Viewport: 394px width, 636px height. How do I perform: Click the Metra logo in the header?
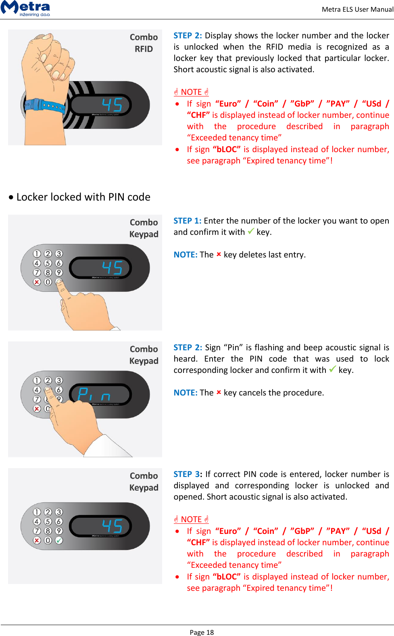coord(25,8)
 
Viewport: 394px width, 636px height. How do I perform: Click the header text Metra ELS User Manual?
coord(357,9)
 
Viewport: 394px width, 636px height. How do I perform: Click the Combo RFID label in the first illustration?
coord(144,43)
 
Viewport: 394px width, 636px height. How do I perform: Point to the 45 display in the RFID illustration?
coord(112,105)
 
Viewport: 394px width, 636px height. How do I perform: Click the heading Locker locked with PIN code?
coord(83,197)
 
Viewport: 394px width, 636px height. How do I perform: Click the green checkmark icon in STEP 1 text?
coord(251,231)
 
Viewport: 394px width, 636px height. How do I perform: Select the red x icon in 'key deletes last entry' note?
coord(219,254)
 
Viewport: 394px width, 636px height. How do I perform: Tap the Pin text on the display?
coord(94,394)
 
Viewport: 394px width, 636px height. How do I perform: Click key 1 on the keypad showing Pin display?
coord(37,381)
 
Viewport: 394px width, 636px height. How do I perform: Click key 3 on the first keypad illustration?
coord(59,254)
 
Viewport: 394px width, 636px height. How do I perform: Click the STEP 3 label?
coord(188,474)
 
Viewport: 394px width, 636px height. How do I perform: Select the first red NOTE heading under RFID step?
coord(191,92)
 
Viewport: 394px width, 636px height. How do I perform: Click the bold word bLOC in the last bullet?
coord(226,577)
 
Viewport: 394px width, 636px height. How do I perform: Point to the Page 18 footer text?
coord(202,632)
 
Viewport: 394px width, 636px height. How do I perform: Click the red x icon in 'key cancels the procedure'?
coord(219,392)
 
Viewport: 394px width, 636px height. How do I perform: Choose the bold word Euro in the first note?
coord(228,104)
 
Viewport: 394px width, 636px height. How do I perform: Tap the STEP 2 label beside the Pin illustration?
coord(188,347)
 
